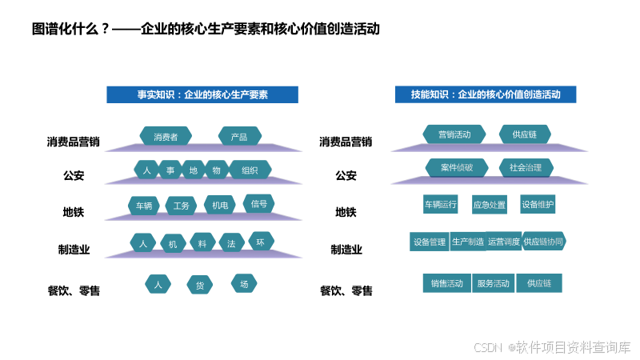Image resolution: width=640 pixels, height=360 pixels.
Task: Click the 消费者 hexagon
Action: pyautogui.click(x=166, y=136)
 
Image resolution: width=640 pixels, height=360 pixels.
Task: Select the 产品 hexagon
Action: pyautogui.click(x=239, y=136)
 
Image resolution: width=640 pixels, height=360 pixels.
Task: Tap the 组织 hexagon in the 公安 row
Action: pyautogui.click(x=250, y=170)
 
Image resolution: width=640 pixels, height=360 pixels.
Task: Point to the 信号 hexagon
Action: pyautogui.click(x=259, y=203)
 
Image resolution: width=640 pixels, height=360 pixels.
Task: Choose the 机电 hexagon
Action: pyautogui.click(x=219, y=206)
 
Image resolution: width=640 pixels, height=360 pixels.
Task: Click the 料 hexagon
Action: pyautogui.click(x=202, y=243)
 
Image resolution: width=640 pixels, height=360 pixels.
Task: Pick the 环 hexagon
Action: pyautogui.click(x=260, y=242)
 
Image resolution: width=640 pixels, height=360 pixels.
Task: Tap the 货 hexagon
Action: pyautogui.click(x=200, y=285)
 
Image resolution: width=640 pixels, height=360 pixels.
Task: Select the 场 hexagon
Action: pyautogui.click(x=244, y=283)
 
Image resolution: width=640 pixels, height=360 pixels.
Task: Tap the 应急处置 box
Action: pyautogui.click(x=489, y=205)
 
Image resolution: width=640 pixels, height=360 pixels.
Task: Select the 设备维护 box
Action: pyautogui.click(x=538, y=204)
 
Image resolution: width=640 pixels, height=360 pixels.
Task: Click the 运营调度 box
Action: pyautogui.click(x=504, y=242)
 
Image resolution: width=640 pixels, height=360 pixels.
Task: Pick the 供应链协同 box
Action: pyautogui.click(x=544, y=241)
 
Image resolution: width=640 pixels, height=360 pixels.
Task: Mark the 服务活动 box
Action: pyautogui.click(x=493, y=283)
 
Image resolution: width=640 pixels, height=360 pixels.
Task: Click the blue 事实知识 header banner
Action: pyautogui.click(x=202, y=94)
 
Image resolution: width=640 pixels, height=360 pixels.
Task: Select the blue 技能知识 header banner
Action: pyautogui.click(x=486, y=94)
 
